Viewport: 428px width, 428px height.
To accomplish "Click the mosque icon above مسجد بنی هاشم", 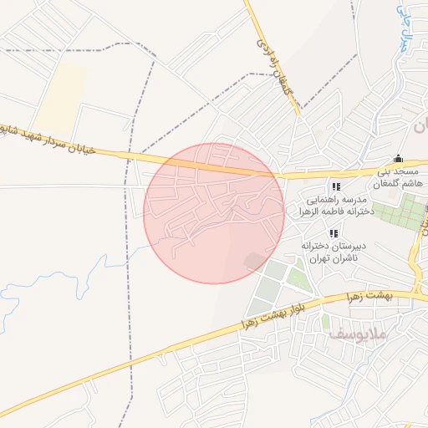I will (398, 159).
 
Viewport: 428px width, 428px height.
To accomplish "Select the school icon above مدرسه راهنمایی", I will (336, 187).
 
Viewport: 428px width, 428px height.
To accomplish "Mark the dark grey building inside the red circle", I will (252, 262).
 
